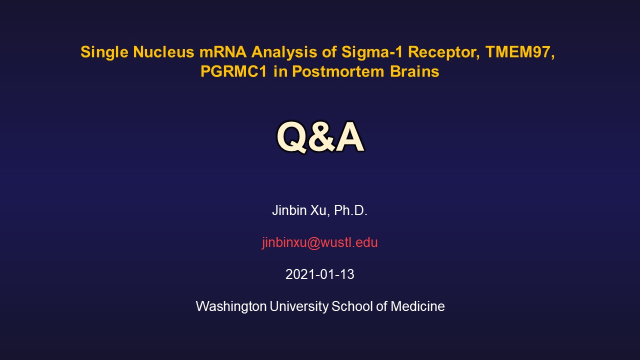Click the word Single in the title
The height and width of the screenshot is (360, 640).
(104, 52)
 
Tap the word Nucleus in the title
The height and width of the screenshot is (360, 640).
(163, 52)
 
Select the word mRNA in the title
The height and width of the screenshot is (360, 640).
(223, 52)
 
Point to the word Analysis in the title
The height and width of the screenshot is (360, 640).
(284, 52)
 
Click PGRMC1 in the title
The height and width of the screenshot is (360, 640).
(233, 71)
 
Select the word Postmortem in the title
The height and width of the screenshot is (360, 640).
(337, 71)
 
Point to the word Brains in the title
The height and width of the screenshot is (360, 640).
(414, 71)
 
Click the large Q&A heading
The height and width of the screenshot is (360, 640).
(320, 136)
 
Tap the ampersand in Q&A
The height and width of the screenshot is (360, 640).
(321, 136)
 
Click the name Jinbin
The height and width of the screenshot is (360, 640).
(289, 210)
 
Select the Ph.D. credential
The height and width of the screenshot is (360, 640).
(350, 210)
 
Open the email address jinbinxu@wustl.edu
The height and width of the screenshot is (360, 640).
(319, 242)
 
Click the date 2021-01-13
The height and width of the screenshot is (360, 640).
(319, 274)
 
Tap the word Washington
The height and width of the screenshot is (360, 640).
(231, 306)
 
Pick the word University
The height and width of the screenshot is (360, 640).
(299, 306)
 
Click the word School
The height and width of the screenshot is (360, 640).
(352, 306)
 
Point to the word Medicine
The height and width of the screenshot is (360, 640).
(417, 306)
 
